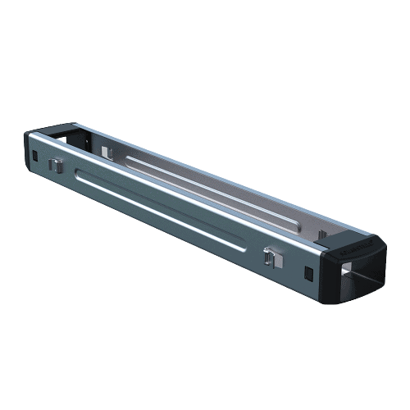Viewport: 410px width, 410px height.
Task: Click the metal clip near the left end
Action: pyautogui.click(x=56, y=164)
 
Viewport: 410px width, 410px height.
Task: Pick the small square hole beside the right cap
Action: pyautogui.click(x=308, y=272)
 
